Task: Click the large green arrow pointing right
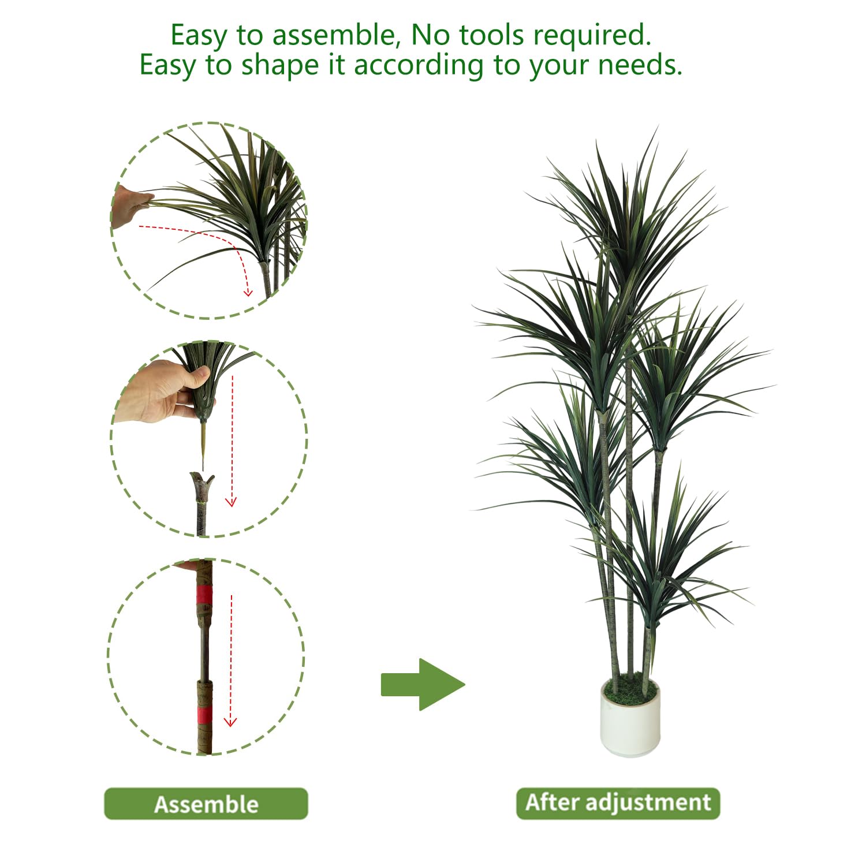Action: coord(423,685)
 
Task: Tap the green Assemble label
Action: coord(206,804)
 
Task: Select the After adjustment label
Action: coord(618,802)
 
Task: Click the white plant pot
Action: coord(630,719)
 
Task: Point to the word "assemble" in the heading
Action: coord(337,35)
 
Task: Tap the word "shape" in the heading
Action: coord(280,66)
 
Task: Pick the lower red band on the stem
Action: coord(204,714)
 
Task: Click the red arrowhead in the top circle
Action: coord(248,292)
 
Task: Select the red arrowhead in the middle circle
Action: coord(232,501)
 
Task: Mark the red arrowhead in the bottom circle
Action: coord(231,721)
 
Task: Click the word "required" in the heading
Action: coord(592,35)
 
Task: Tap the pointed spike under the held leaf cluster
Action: coord(203,443)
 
